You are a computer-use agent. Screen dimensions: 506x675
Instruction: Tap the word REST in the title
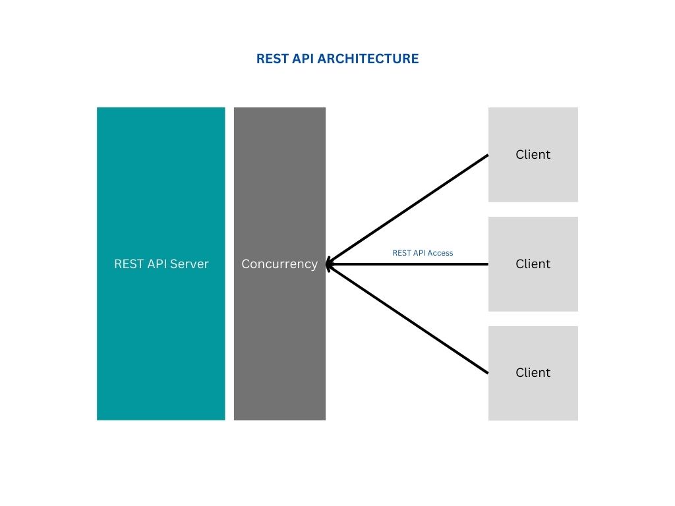[x=271, y=59]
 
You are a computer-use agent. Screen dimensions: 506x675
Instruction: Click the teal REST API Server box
[x=161, y=198]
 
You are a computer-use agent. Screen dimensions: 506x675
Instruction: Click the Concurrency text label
[x=279, y=264]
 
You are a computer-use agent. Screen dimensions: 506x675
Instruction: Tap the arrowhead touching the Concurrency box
[x=330, y=264]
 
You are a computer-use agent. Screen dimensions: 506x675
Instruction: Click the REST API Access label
[x=423, y=252]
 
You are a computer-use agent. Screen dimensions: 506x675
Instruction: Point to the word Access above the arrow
[x=441, y=252]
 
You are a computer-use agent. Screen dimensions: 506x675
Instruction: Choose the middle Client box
[x=533, y=290]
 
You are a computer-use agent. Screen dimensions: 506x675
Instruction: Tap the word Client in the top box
[x=533, y=154]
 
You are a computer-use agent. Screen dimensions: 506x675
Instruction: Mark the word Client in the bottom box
[x=533, y=372]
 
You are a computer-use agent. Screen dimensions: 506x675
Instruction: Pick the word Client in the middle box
[x=533, y=264]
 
